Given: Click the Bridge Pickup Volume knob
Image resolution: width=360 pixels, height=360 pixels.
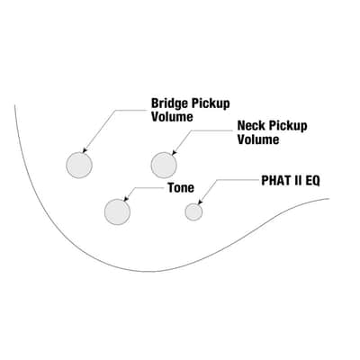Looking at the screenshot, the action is (x=79, y=165).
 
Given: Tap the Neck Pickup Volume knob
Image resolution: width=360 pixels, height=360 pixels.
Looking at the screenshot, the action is (x=164, y=165).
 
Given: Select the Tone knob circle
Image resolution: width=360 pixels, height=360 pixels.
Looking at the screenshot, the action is (x=117, y=211).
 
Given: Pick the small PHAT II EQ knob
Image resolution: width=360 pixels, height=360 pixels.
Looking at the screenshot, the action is (x=193, y=211).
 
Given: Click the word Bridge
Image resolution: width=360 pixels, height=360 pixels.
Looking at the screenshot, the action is (x=170, y=103).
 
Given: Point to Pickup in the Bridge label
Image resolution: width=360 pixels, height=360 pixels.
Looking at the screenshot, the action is (x=211, y=103).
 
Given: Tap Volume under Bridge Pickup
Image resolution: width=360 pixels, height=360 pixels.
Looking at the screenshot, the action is (x=172, y=117).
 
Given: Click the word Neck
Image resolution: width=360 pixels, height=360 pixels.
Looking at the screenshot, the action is (x=251, y=126).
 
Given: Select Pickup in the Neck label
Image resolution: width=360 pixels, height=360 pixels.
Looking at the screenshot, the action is (x=288, y=126).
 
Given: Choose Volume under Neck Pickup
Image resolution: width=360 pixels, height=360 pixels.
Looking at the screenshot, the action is (x=258, y=139).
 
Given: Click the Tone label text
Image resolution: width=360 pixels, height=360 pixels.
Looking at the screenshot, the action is (x=181, y=188).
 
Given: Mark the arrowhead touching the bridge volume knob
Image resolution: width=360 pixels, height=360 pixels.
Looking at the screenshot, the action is (x=85, y=150).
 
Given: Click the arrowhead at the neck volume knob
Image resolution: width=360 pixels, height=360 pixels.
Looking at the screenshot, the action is (x=175, y=153).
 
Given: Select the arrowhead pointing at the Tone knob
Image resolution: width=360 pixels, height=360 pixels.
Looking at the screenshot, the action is (x=125, y=199).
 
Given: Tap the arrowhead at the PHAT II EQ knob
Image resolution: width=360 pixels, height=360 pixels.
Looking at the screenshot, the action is (x=201, y=202).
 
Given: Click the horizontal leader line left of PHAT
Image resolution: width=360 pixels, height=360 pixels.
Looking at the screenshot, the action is (x=238, y=180).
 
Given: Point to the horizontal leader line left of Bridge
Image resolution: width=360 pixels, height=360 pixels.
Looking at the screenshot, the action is (x=132, y=110).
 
